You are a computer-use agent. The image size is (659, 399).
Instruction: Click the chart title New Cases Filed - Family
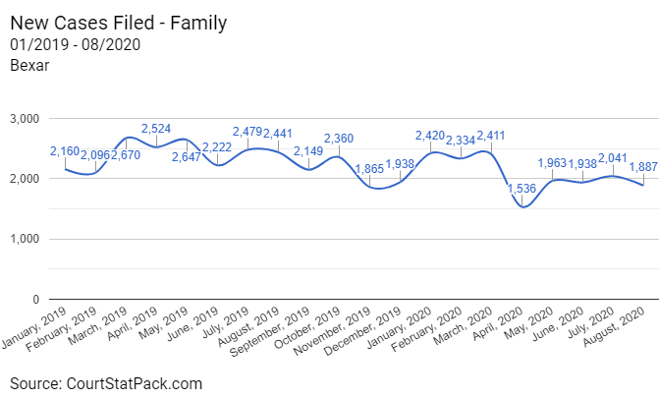point(113,22)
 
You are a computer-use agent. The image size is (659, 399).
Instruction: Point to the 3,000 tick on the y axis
point(23,119)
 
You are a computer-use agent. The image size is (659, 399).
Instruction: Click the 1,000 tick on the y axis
point(23,239)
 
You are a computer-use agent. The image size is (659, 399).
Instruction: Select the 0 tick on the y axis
point(33,299)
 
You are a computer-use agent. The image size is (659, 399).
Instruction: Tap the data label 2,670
point(130,154)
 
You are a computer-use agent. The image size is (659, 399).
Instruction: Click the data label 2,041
point(615,158)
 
